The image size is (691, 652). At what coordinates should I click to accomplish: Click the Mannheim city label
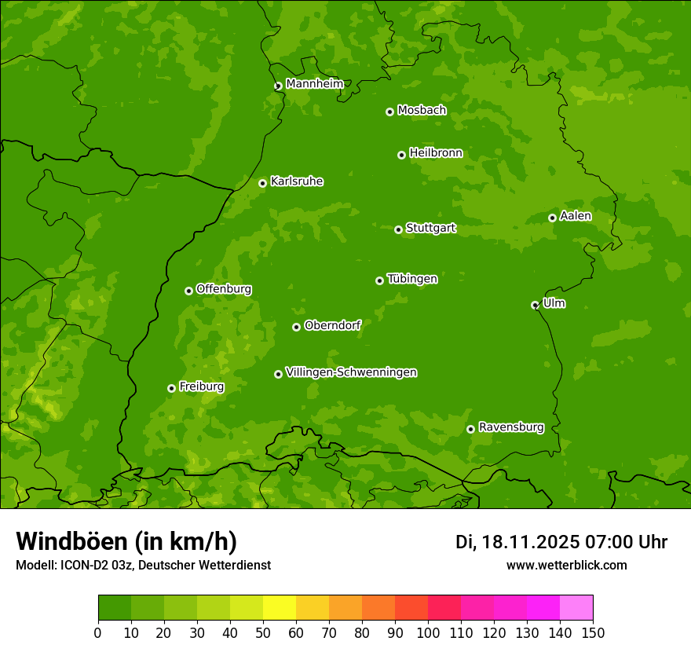315,83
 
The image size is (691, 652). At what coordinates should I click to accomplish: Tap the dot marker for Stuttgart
398,229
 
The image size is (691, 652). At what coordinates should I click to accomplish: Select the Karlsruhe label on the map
297,181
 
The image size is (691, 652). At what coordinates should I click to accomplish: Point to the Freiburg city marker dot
171,388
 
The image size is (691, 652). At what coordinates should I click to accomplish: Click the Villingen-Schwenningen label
351,372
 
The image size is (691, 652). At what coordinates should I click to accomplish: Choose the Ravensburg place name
511,427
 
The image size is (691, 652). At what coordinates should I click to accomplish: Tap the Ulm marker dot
535,305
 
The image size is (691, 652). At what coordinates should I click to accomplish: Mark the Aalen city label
576,216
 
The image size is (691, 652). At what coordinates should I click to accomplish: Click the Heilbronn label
436,153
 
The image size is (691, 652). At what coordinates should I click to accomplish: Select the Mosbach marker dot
389,112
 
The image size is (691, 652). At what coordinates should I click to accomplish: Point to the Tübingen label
412,279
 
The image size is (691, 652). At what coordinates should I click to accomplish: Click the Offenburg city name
224,289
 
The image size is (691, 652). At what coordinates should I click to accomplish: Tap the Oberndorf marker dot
296,327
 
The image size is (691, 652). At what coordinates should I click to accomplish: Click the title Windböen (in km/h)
126,541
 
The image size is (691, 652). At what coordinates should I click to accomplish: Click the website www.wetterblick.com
566,565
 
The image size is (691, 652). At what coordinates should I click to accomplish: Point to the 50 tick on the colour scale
263,632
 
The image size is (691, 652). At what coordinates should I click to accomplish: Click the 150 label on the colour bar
593,632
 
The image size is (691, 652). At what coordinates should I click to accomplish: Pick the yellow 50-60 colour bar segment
280,608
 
